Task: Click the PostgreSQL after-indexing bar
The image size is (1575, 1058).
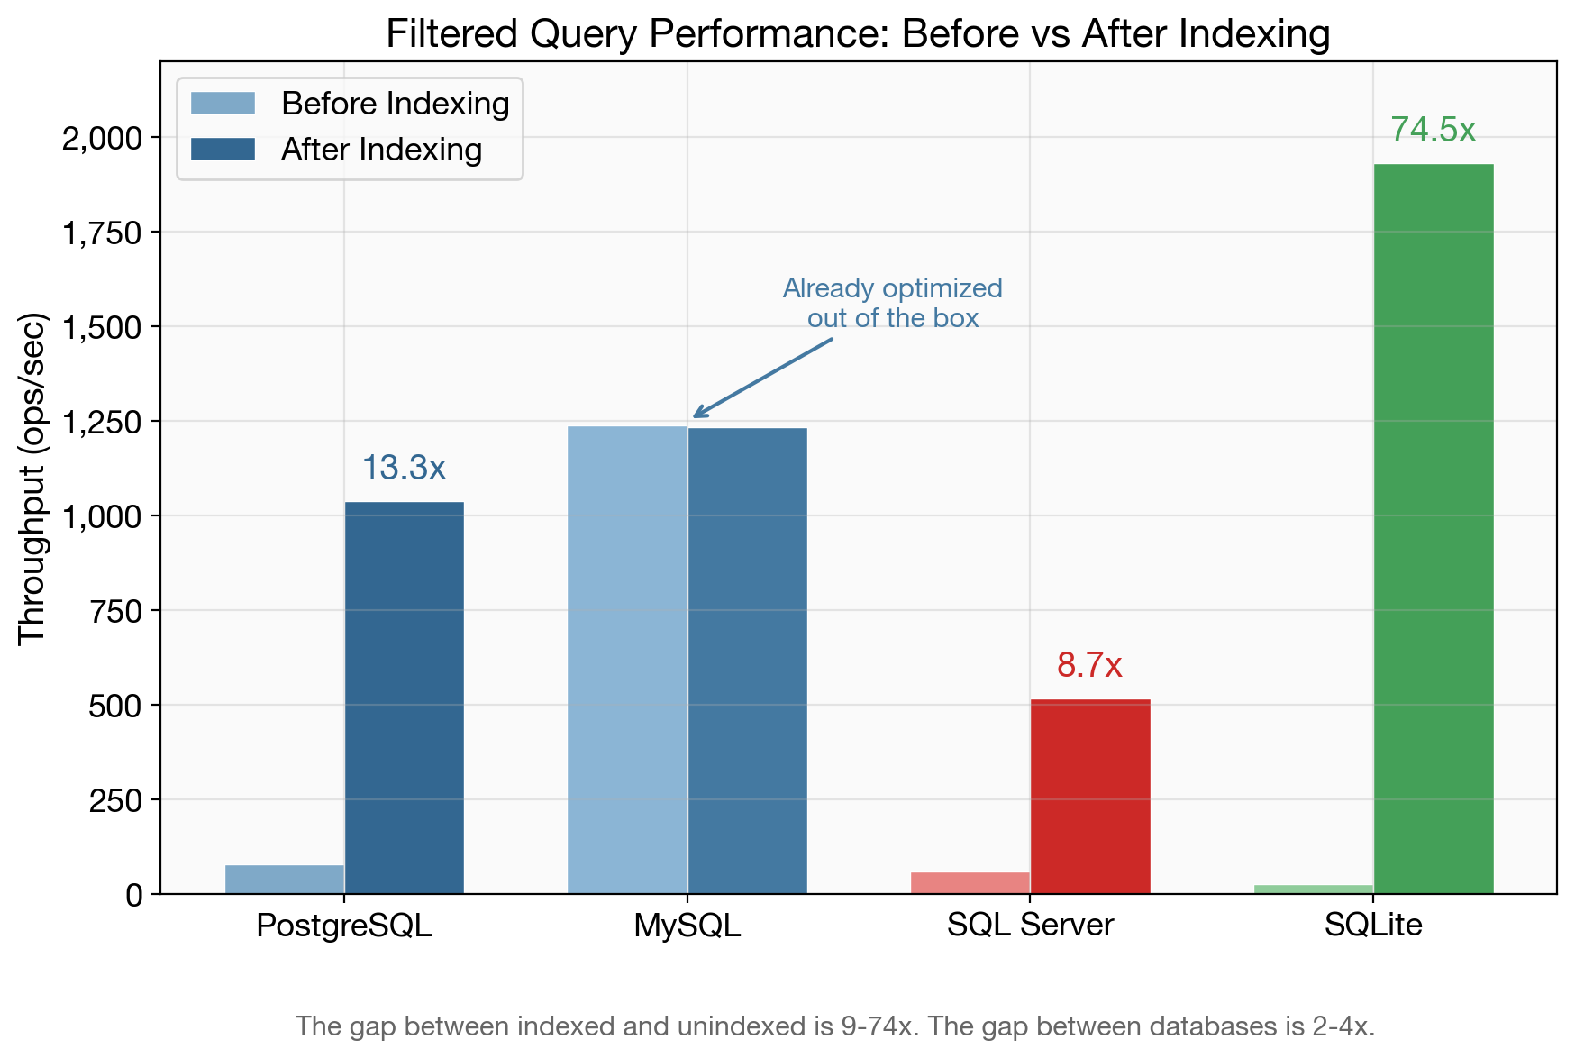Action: click(404, 698)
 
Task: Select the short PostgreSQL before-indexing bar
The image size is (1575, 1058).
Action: click(285, 879)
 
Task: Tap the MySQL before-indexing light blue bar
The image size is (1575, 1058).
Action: click(627, 660)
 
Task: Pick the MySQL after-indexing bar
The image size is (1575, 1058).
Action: click(747, 661)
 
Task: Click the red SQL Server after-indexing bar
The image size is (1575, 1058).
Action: click(1090, 796)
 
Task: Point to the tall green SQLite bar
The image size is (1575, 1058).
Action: click(1433, 529)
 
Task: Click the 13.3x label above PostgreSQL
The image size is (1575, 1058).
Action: click(404, 468)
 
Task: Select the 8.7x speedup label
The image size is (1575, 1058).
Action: click(1089, 666)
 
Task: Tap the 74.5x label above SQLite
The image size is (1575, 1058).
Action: click(1433, 131)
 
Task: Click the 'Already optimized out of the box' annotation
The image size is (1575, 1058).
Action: click(892, 303)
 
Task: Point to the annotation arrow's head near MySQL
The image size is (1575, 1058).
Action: click(696, 415)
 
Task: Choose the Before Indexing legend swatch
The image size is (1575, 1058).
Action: click(223, 104)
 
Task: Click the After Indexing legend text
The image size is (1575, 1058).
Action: click(381, 150)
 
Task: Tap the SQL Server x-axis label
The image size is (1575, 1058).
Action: click(1030, 925)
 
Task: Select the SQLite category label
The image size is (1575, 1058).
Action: click(1373, 925)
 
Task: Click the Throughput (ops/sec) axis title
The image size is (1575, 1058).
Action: click(32, 478)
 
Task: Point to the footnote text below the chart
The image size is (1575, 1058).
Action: click(834, 1026)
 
